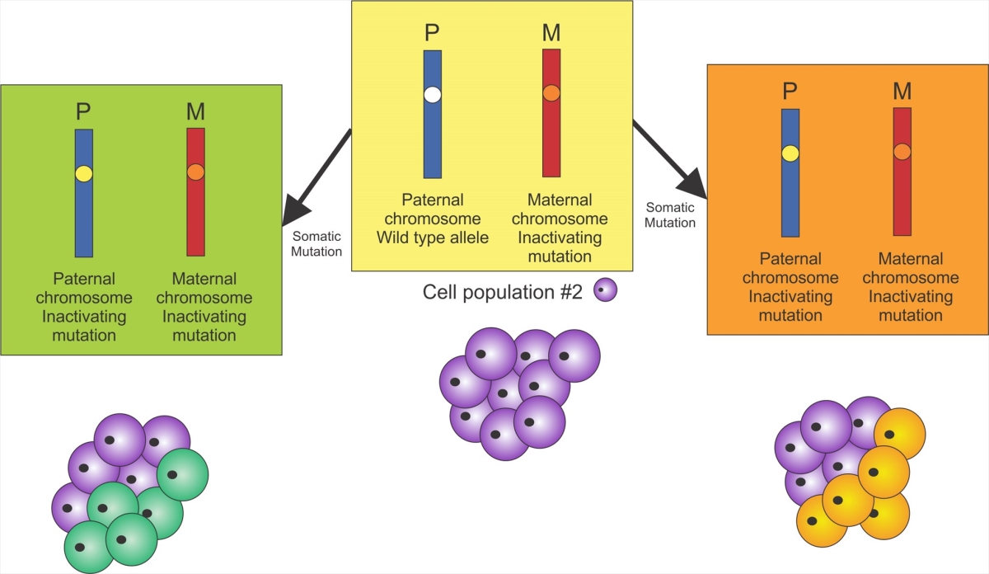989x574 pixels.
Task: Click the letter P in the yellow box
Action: tap(432, 34)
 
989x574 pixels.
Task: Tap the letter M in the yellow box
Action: tap(551, 34)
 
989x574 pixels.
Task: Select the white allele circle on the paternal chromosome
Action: tap(433, 94)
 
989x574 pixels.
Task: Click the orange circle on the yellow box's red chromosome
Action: tap(551, 94)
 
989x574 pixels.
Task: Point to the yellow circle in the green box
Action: tap(83, 173)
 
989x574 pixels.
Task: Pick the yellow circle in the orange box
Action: tap(790, 153)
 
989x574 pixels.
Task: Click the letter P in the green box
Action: tap(83, 112)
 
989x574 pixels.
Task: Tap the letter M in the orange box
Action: tap(902, 92)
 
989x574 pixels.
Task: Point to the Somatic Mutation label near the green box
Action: tap(317, 243)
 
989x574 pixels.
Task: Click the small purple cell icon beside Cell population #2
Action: tap(606, 290)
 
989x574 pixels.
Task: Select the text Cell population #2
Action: tap(504, 291)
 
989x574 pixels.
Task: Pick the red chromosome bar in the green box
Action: tap(195, 214)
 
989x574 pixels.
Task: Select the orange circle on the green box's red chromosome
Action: tap(195, 172)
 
